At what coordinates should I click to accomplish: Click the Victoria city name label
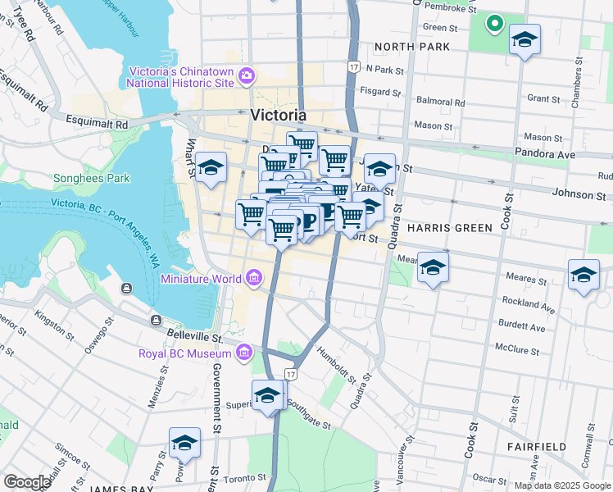(x=279, y=116)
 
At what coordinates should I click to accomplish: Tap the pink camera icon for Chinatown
(x=247, y=76)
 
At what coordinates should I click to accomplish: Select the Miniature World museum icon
(x=253, y=279)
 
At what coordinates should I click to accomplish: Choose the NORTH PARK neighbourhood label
(x=411, y=47)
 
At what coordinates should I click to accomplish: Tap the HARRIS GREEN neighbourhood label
(x=449, y=227)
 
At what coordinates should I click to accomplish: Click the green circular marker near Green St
(x=494, y=24)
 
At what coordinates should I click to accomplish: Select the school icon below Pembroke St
(x=524, y=39)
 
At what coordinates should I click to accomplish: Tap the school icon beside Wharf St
(x=211, y=167)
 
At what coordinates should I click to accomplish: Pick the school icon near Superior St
(x=267, y=395)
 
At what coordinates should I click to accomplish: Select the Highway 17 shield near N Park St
(x=352, y=66)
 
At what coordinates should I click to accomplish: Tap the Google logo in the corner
(x=27, y=482)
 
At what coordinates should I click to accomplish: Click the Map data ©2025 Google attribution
(x=561, y=485)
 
